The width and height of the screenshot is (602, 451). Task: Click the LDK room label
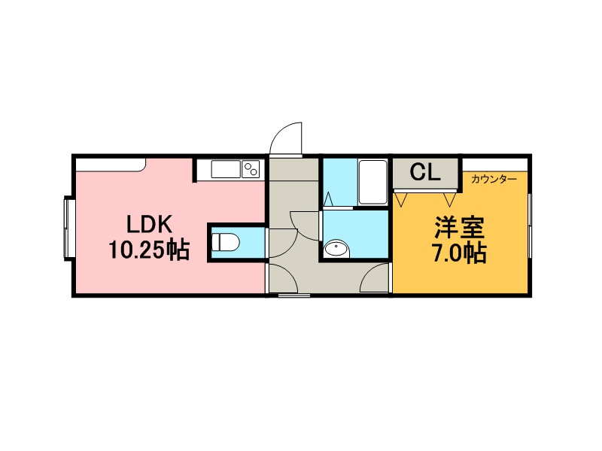[x=149, y=225]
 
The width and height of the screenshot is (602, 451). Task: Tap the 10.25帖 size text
[x=149, y=250]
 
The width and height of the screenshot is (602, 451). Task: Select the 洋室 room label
[x=460, y=228]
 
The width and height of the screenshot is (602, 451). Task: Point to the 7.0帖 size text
[x=460, y=253]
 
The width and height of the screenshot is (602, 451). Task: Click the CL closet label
[x=425, y=172]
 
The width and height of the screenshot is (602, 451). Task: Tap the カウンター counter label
[x=494, y=179]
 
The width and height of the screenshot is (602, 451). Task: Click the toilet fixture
[x=226, y=242]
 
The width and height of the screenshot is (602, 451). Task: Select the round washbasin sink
[x=336, y=249]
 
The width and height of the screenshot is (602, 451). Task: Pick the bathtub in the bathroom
[x=372, y=183]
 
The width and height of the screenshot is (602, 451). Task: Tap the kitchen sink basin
[x=226, y=169]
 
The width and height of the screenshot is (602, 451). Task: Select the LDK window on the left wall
[x=68, y=229]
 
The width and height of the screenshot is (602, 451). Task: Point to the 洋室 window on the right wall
[x=530, y=226]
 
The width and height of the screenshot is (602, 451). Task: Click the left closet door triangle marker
[x=401, y=200]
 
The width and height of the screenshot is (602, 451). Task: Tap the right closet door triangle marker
[x=449, y=200]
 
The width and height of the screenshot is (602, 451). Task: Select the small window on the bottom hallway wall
[x=294, y=295]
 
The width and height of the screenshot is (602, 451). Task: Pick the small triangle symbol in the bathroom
[x=329, y=199]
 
